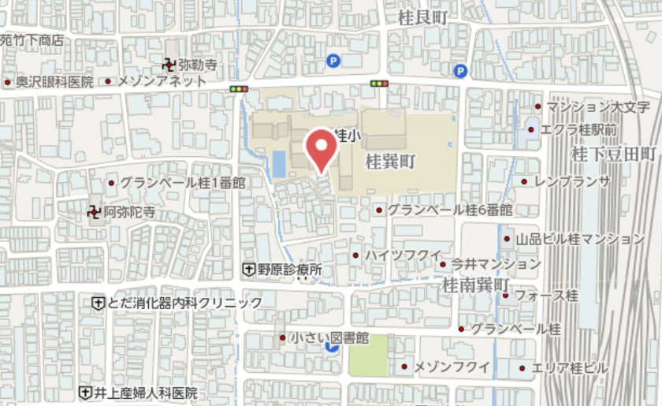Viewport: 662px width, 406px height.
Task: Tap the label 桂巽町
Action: [x=390, y=161]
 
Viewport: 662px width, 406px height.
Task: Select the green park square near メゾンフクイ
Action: [x=368, y=355]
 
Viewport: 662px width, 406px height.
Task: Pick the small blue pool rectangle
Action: [x=278, y=164]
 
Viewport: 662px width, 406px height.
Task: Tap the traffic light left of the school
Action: [x=239, y=88]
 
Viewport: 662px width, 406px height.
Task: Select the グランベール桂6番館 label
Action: [x=449, y=210]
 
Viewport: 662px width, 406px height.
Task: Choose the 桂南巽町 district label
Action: [x=478, y=282]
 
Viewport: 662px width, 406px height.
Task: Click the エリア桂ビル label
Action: [x=569, y=368]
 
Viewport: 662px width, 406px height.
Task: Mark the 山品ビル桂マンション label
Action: [x=579, y=238]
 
